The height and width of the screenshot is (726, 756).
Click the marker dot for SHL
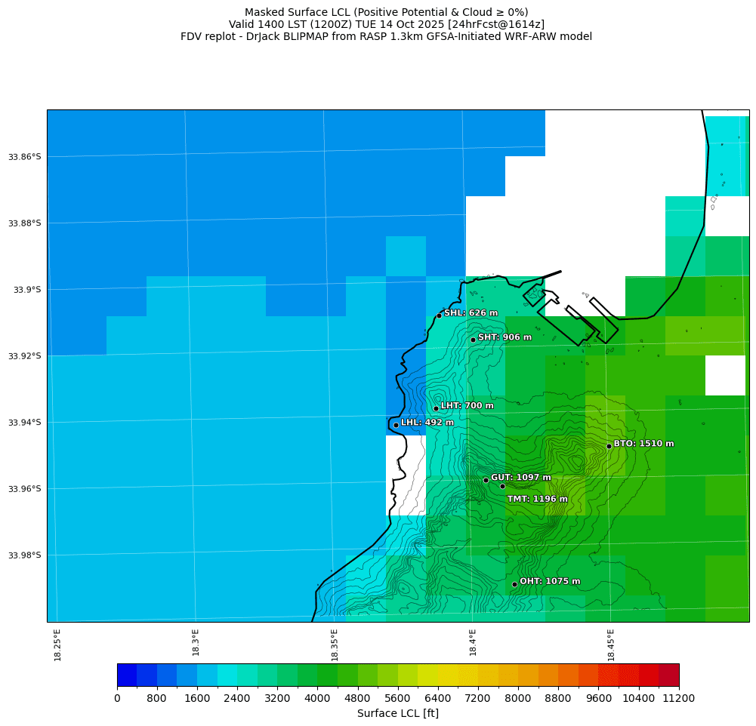tap(439, 315)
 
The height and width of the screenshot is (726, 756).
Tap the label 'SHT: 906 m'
tap(505, 337)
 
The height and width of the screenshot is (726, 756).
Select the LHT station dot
tap(436, 408)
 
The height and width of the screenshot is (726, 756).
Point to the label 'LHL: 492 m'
tap(427, 423)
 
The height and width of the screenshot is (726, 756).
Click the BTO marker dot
tap(609, 446)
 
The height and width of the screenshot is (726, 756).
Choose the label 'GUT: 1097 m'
tap(521, 478)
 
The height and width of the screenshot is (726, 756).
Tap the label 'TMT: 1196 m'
tap(537, 499)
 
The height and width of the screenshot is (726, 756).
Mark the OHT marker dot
tap(514, 584)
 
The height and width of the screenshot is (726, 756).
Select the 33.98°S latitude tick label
tap(24, 555)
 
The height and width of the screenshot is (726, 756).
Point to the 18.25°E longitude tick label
tap(58, 644)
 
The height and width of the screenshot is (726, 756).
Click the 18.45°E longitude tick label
tap(611, 644)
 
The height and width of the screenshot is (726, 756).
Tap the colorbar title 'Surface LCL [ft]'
tap(397, 713)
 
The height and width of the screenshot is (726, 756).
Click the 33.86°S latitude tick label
tap(24, 157)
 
